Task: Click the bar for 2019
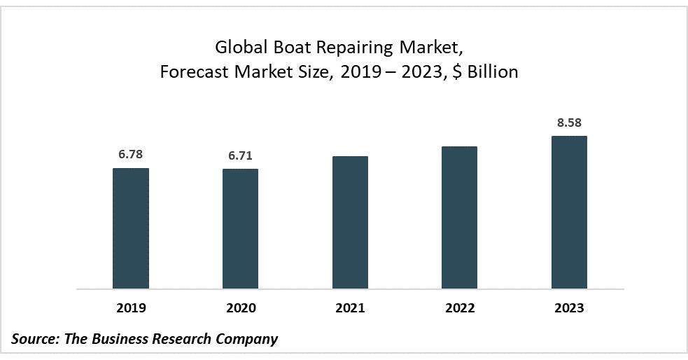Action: click(x=131, y=228)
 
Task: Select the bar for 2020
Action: click(x=240, y=229)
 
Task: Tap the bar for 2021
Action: click(x=350, y=223)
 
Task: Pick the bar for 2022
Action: click(x=459, y=218)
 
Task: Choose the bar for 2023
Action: click(x=569, y=212)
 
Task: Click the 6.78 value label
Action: click(x=131, y=153)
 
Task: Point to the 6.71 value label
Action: click(x=240, y=155)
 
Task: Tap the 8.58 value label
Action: click(x=569, y=122)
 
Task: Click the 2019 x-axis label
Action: click(x=131, y=308)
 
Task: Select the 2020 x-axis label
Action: click(x=240, y=308)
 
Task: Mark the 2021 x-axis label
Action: click(x=350, y=308)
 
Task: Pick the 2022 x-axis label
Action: click(x=459, y=308)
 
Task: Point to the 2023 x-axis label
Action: click(x=569, y=308)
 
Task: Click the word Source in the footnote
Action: click(x=34, y=339)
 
